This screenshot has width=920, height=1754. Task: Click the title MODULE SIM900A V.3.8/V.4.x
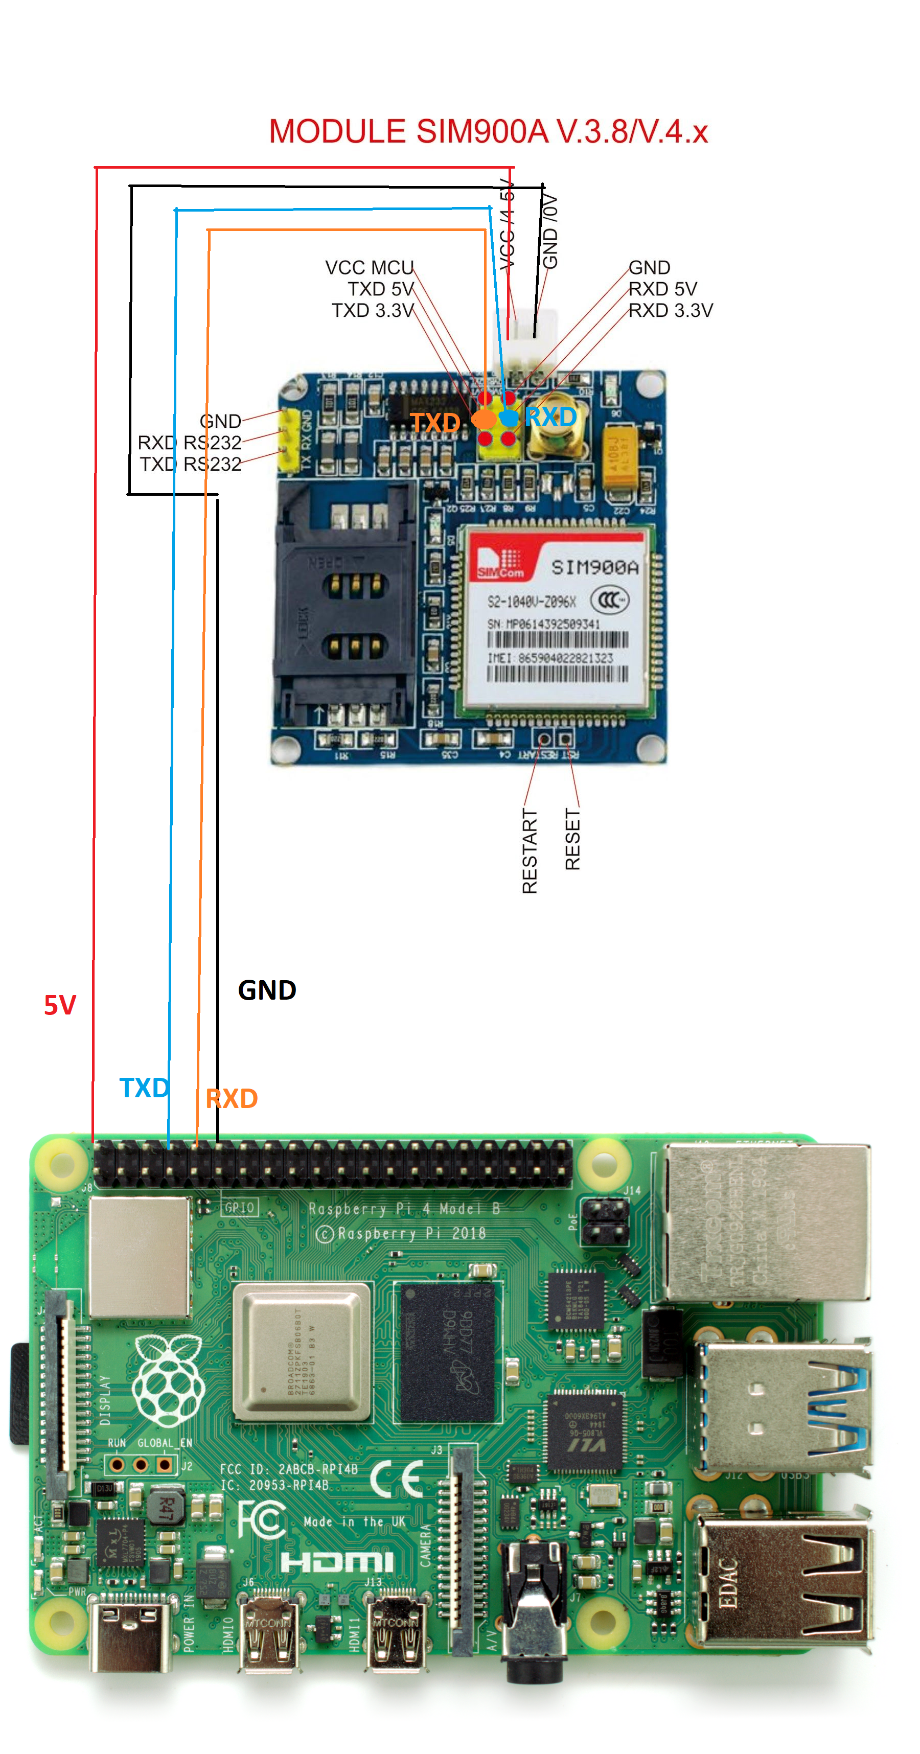point(488,131)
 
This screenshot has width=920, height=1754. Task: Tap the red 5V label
point(60,1005)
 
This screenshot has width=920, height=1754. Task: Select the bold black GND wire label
point(266,990)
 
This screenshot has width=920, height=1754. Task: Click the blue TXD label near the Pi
point(144,1088)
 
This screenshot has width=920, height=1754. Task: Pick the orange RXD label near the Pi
point(232,1098)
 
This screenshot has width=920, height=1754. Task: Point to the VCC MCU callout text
point(369,268)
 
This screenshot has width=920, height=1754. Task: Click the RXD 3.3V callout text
point(670,311)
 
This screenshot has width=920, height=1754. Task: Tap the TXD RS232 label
point(190,465)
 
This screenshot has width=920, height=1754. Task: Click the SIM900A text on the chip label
point(594,567)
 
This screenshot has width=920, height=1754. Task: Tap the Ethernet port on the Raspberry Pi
point(766,1222)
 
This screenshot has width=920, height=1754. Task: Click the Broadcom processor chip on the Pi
point(303,1352)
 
